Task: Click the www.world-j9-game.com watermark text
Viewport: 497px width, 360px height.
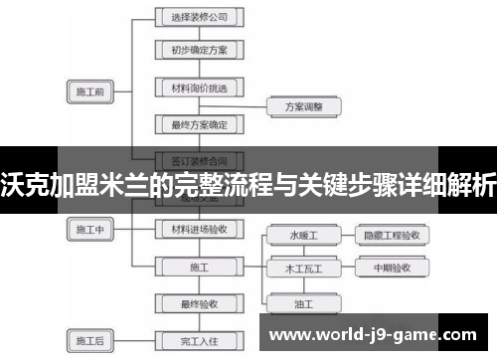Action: [378, 335]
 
